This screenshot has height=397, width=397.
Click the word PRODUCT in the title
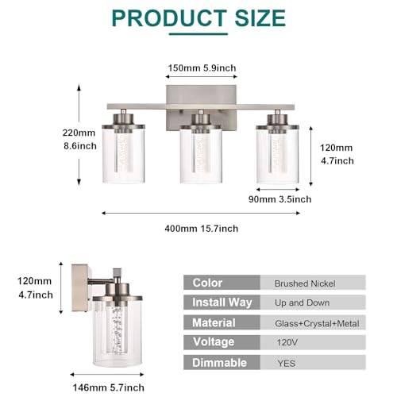(169, 18)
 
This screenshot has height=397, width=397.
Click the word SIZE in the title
(260, 18)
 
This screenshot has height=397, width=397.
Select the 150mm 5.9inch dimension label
(202, 68)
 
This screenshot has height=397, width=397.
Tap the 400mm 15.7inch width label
(202, 229)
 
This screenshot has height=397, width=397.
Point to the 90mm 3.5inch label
(279, 199)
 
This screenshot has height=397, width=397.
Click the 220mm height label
(79, 133)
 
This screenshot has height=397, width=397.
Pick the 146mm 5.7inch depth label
(109, 387)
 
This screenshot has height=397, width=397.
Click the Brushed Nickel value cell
(313, 283)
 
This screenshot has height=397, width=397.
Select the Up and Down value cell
(313, 303)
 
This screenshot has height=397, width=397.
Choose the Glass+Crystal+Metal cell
(313, 322)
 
